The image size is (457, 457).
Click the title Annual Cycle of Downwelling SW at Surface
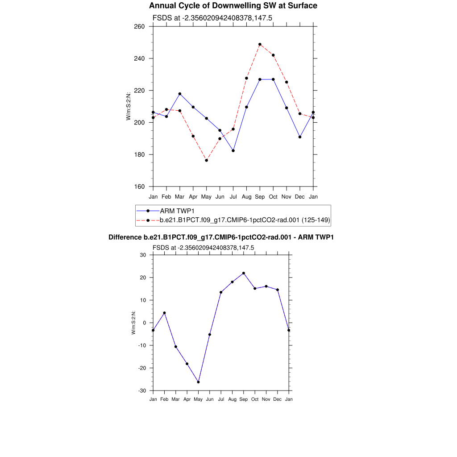point(233,6)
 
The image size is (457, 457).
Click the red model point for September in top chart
point(260,45)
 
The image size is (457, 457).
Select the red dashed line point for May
point(206,160)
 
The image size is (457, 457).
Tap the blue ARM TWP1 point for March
point(180,94)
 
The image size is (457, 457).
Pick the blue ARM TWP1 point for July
point(233,150)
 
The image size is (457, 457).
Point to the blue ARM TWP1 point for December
point(300,137)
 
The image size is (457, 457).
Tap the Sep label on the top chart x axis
point(260,196)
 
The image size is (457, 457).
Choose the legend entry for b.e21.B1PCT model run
point(245,220)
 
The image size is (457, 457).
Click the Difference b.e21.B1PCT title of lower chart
point(221,237)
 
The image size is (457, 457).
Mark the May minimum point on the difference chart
point(198,382)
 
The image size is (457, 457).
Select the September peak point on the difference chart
point(244,273)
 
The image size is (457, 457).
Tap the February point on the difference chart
point(164,313)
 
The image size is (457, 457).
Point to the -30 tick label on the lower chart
point(143,391)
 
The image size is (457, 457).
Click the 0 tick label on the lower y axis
point(145,323)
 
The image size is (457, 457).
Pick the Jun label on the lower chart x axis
point(210,399)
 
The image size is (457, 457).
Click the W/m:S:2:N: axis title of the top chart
point(129,106)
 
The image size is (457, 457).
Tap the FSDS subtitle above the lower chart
point(203,248)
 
